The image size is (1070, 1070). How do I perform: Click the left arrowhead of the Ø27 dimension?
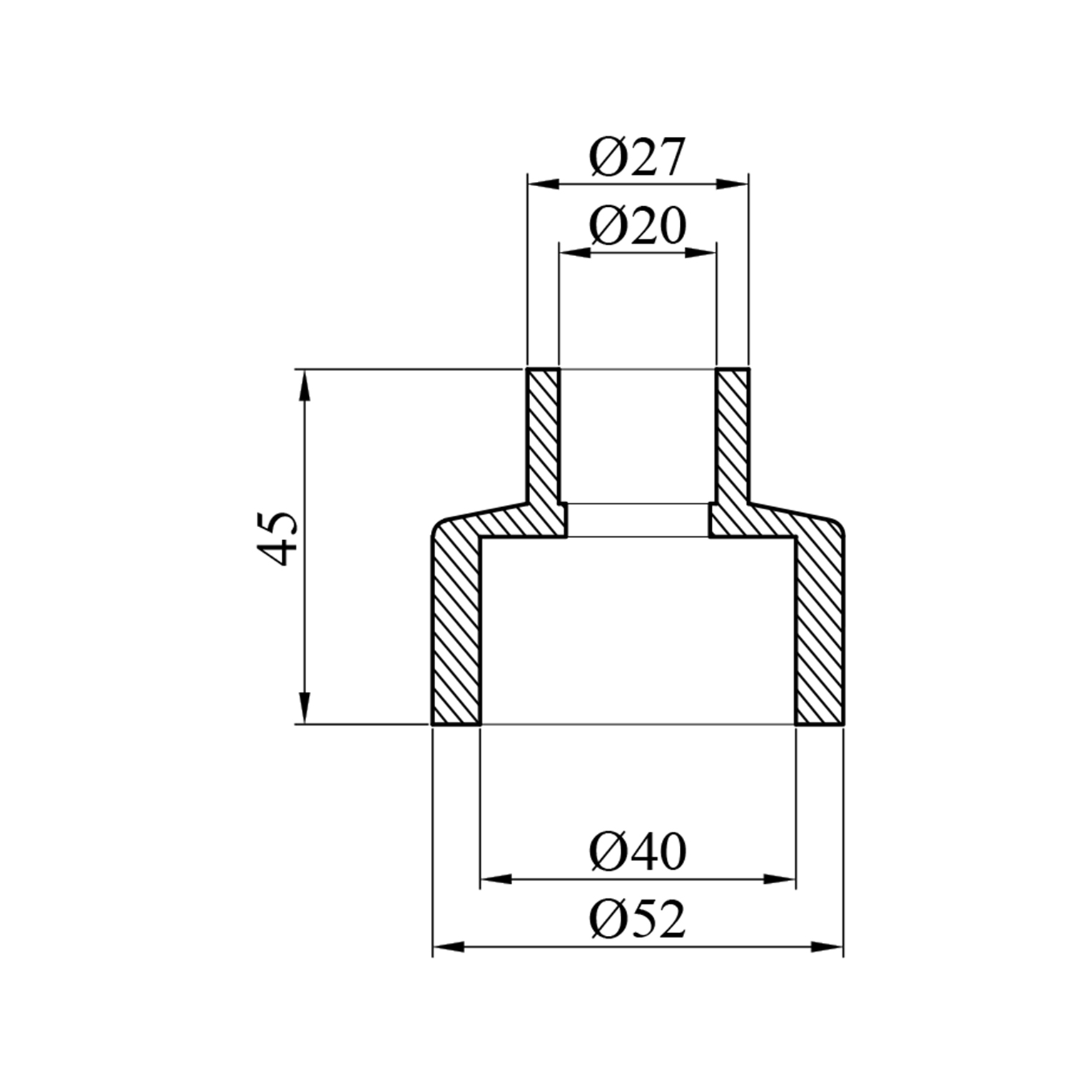543,184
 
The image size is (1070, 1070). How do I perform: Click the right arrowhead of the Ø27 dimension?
733,184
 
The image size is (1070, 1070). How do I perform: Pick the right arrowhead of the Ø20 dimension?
700,253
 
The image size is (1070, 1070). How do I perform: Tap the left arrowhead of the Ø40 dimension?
496,879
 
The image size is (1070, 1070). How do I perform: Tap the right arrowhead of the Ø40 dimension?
780,879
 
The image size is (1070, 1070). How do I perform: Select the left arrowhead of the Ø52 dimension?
449,947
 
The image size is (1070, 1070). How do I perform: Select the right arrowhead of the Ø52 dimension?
827,947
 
